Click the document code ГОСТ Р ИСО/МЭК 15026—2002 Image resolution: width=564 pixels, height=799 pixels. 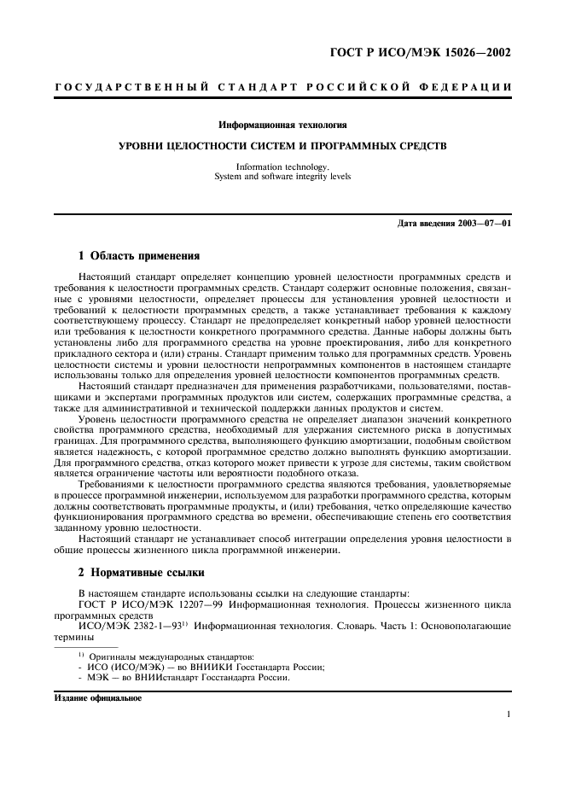420,53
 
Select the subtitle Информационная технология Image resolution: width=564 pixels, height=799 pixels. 282,125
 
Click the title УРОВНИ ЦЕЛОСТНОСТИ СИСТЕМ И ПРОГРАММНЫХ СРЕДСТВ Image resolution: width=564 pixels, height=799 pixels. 282,146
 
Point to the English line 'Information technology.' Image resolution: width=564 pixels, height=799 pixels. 282,167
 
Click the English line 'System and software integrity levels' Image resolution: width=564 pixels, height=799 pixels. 282,177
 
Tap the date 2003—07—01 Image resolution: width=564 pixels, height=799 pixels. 486,224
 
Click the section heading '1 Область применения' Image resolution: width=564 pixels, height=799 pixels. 138,254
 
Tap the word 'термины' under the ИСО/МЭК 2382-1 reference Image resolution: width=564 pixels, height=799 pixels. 73,636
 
